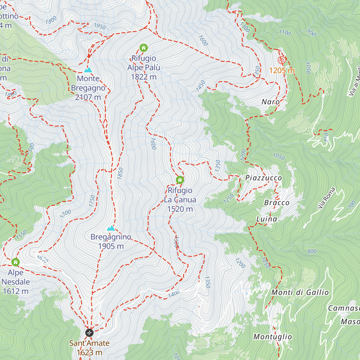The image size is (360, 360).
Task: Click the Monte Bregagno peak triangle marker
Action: click(x=88, y=70)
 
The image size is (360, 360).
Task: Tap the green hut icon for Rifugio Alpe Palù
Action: click(x=144, y=48)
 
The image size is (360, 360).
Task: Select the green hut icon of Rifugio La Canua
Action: click(x=180, y=180)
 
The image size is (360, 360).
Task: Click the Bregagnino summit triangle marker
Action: click(x=111, y=228)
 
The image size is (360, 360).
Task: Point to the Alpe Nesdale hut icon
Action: click(x=16, y=262)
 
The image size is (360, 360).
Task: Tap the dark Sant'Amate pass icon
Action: click(x=89, y=333)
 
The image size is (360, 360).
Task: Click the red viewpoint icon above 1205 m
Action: click(x=281, y=60)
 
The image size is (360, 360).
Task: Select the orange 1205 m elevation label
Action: click(x=282, y=70)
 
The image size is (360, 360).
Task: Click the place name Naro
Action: click(x=271, y=102)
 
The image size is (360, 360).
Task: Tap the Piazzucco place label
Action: click(x=264, y=178)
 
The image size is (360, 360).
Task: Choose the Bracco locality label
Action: click(x=277, y=203)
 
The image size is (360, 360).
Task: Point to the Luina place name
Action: click(x=267, y=219)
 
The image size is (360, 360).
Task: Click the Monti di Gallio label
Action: click(x=300, y=292)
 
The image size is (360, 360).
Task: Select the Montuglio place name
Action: click(x=272, y=337)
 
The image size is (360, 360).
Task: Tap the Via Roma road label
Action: click(x=326, y=198)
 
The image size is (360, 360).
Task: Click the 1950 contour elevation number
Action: click(x=100, y=26)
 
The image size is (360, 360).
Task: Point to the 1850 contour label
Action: click(x=120, y=173)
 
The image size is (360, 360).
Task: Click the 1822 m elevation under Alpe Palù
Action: click(x=143, y=77)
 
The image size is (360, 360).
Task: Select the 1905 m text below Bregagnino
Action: click(x=111, y=246)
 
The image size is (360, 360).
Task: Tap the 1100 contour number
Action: click(x=285, y=32)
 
